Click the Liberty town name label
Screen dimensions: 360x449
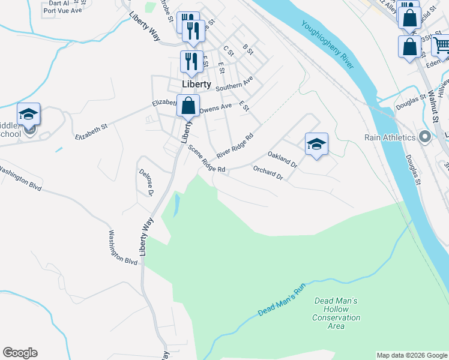[197, 85]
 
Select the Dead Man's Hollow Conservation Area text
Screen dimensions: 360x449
[336, 313]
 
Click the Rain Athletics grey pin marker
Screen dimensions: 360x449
[426, 137]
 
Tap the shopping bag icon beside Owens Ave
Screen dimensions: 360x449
[188, 106]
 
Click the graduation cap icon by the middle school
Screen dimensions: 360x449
[28, 114]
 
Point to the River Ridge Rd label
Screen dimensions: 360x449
[235, 142]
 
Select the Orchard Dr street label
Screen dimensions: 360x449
[268, 173]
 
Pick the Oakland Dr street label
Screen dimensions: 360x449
[282, 158]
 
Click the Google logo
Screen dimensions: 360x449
[20, 353]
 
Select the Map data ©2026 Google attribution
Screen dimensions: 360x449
[412, 355]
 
